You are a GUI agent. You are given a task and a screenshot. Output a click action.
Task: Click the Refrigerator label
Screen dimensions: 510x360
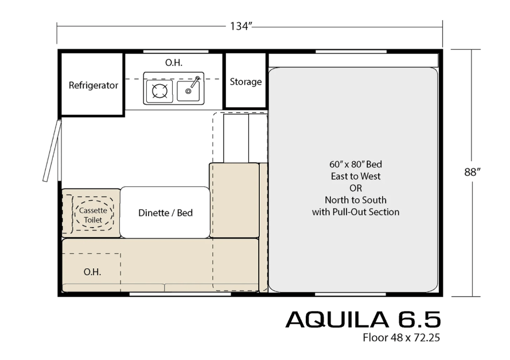click(x=94, y=85)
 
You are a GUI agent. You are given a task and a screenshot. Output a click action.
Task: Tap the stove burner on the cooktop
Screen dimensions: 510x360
click(x=160, y=91)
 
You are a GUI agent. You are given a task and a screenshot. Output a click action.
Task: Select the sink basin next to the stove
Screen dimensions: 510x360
click(x=188, y=91)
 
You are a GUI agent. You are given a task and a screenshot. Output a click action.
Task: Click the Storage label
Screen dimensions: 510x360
click(x=246, y=81)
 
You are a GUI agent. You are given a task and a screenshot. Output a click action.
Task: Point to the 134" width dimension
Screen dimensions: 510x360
click(x=242, y=26)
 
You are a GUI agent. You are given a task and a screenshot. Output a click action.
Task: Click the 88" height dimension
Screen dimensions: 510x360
click(x=472, y=172)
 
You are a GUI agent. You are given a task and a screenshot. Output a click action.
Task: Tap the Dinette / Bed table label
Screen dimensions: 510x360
click(x=165, y=213)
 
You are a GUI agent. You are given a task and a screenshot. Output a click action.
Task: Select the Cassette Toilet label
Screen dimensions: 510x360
click(x=93, y=215)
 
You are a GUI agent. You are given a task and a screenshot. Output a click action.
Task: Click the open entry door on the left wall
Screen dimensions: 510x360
click(x=52, y=151)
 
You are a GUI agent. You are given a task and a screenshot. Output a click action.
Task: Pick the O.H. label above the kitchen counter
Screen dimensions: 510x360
click(x=174, y=62)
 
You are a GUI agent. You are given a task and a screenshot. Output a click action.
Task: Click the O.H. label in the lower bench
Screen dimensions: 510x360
click(x=92, y=272)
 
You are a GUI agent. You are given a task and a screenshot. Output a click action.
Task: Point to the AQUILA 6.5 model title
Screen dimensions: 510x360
click(x=363, y=319)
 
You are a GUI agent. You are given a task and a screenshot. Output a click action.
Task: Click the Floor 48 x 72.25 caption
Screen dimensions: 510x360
click(x=402, y=338)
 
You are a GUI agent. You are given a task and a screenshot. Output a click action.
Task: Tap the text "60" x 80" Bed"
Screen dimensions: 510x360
click(x=356, y=164)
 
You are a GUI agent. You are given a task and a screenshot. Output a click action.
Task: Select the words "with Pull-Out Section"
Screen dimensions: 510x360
click(x=356, y=212)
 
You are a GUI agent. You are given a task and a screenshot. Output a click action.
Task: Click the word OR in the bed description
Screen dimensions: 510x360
click(x=356, y=188)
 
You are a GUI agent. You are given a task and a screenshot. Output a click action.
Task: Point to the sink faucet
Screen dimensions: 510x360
click(x=194, y=83)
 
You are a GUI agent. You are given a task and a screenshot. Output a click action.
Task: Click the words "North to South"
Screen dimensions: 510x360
click(x=356, y=200)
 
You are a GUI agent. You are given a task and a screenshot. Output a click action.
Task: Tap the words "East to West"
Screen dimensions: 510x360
click(x=356, y=176)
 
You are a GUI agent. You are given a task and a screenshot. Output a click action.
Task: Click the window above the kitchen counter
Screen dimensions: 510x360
click(x=176, y=52)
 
